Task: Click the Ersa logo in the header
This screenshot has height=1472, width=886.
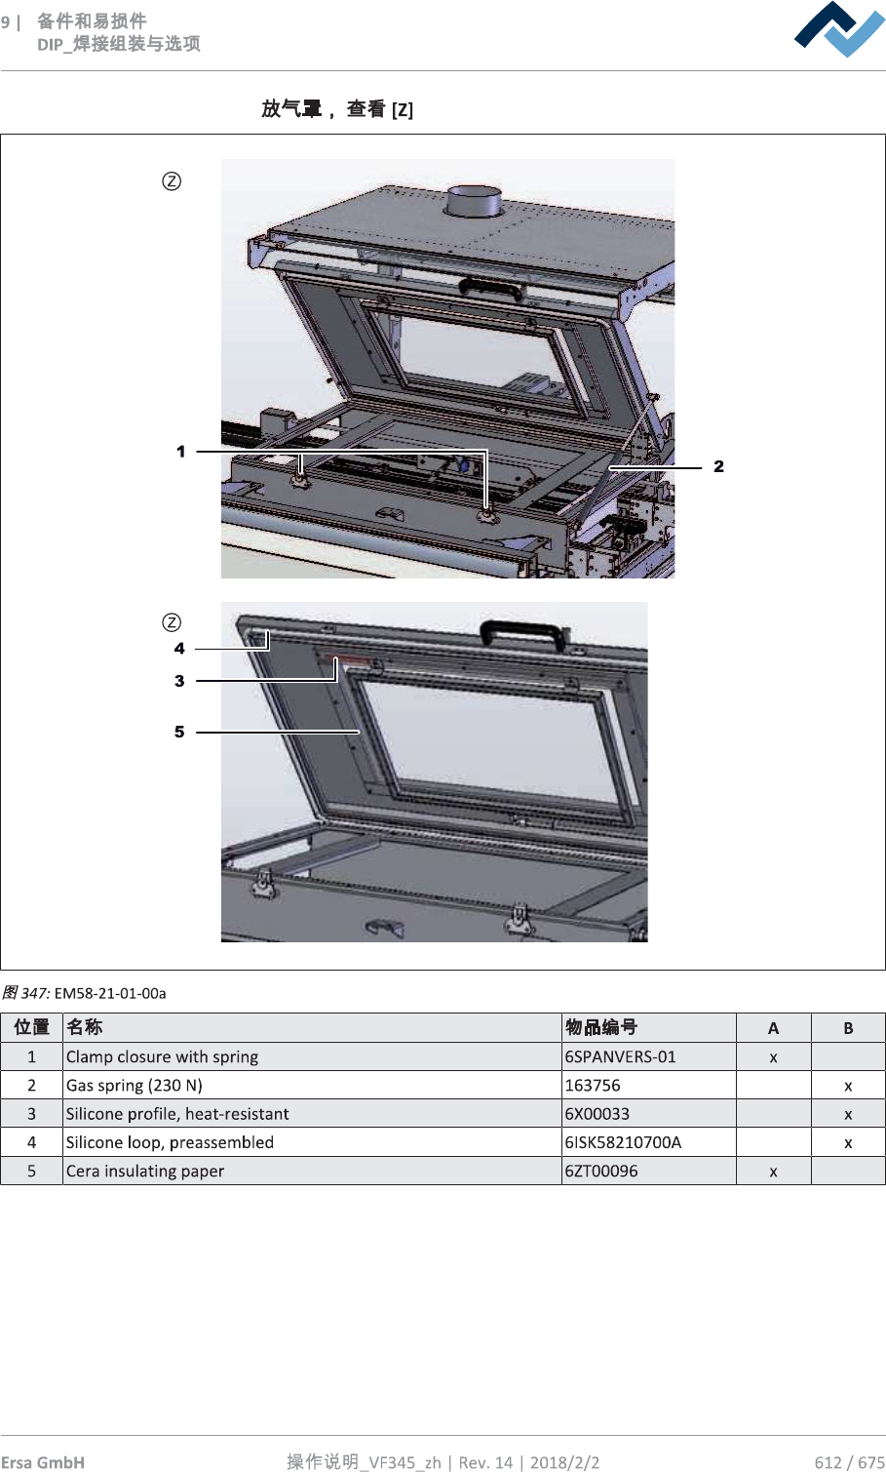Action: pyautogui.click(x=839, y=29)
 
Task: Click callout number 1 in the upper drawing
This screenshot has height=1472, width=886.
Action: pyautogui.click(x=180, y=452)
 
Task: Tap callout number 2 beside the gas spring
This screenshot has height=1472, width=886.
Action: pyautogui.click(x=718, y=467)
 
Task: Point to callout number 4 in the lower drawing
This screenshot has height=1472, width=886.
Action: pyautogui.click(x=179, y=649)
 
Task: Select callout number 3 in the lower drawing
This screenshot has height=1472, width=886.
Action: pyautogui.click(x=179, y=681)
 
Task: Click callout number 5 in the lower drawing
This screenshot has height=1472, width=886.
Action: pyautogui.click(x=179, y=732)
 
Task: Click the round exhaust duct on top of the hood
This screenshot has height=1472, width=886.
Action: pyautogui.click(x=473, y=202)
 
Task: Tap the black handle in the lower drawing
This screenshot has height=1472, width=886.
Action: pyautogui.click(x=521, y=633)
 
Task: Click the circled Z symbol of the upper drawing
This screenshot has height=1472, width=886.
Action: pyautogui.click(x=172, y=181)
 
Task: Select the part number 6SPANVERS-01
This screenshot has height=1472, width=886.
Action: pyautogui.click(x=620, y=1056)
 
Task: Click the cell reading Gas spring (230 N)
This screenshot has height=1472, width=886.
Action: pyautogui.click(x=135, y=1086)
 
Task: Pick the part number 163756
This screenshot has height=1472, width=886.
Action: pyautogui.click(x=593, y=1086)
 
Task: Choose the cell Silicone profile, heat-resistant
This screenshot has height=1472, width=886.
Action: pyautogui.click(x=177, y=1114)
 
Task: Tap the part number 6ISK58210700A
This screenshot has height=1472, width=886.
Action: pyautogui.click(x=623, y=1142)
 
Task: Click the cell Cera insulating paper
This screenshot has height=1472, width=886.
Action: pyautogui.click(x=145, y=1171)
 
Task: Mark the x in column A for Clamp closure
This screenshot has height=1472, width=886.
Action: pyautogui.click(x=773, y=1057)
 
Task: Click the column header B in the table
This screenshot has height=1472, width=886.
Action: pyautogui.click(x=848, y=1028)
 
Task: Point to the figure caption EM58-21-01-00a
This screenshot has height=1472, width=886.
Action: pyautogui.click(x=109, y=993)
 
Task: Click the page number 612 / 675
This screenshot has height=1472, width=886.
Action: pyautogui.click(x=849, y=1461)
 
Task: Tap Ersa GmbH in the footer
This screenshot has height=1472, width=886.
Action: pyautogui.click(x=43, y=1461)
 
